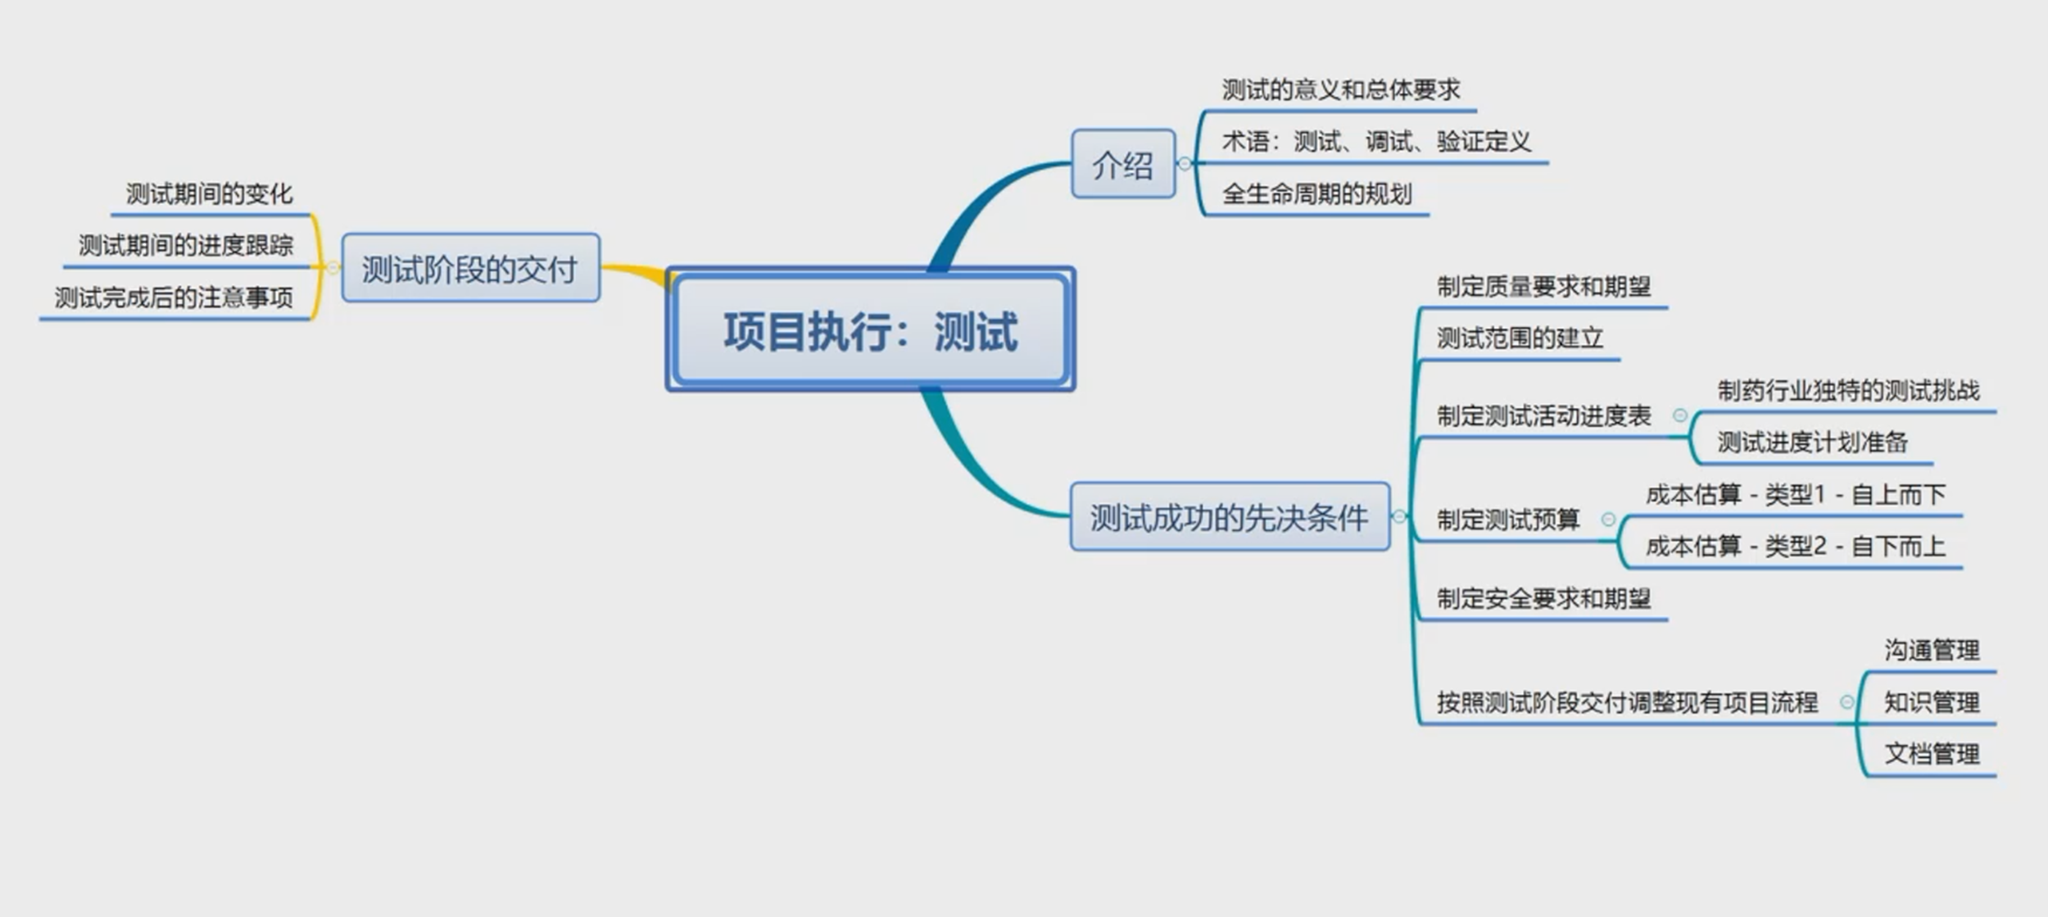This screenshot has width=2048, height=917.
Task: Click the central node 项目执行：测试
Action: point(870,330)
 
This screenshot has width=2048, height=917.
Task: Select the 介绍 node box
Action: point(1122,165)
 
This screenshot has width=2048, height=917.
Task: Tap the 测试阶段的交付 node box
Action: point(470,269)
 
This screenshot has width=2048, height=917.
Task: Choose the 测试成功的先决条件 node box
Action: point(1229,517)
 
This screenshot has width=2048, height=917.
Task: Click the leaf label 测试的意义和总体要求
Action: point(1340,90)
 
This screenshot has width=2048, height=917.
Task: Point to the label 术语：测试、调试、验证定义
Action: point(1375,142)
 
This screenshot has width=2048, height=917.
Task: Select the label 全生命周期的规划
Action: point(1316,194)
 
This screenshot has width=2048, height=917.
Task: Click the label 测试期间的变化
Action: point(209,194)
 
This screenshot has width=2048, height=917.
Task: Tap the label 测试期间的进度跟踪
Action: point(185,245)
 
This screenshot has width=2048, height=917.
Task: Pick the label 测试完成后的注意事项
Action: point(173,297)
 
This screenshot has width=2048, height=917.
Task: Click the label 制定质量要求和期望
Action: point(1543,287)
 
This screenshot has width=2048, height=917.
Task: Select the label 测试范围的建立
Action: point(1519,338)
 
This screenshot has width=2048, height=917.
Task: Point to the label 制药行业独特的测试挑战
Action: point(1848,390)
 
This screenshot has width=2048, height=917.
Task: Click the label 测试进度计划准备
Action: point(1812,443)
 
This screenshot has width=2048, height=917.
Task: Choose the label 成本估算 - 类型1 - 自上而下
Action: point(1795,495)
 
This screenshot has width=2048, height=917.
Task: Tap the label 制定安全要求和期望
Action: point(1543,599)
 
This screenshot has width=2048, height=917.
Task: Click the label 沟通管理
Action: point(1931,651)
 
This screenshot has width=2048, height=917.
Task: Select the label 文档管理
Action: point(1931,754)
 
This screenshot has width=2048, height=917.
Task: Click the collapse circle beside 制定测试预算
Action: point(1608,520)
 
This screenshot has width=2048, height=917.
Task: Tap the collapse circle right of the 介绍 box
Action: point(1185,164)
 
